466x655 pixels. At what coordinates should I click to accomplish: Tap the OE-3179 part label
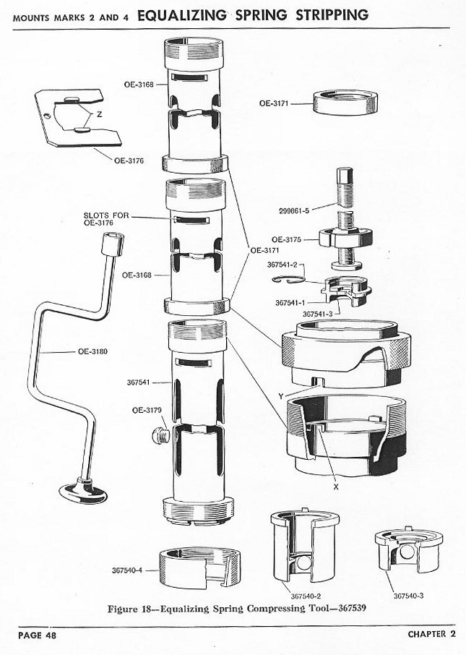click(x=147, y=411)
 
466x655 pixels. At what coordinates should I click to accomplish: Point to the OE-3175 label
click(x=287, y=239)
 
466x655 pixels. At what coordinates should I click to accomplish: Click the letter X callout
click(x=336, y=487)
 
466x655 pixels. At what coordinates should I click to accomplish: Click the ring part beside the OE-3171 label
click(x=346, y=103)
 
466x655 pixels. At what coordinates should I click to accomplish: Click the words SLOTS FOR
click(x=106, y=215)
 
